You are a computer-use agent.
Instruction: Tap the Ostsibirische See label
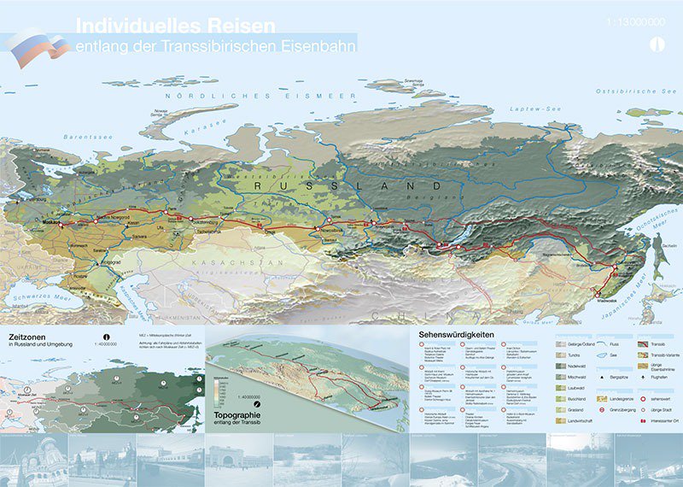[636, 90]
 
